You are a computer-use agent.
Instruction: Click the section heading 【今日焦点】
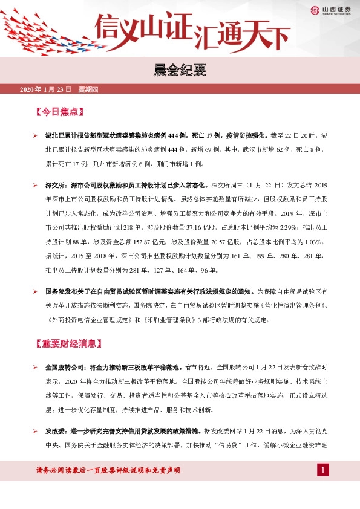click(60, 112)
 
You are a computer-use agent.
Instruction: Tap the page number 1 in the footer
click(323, 470)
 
